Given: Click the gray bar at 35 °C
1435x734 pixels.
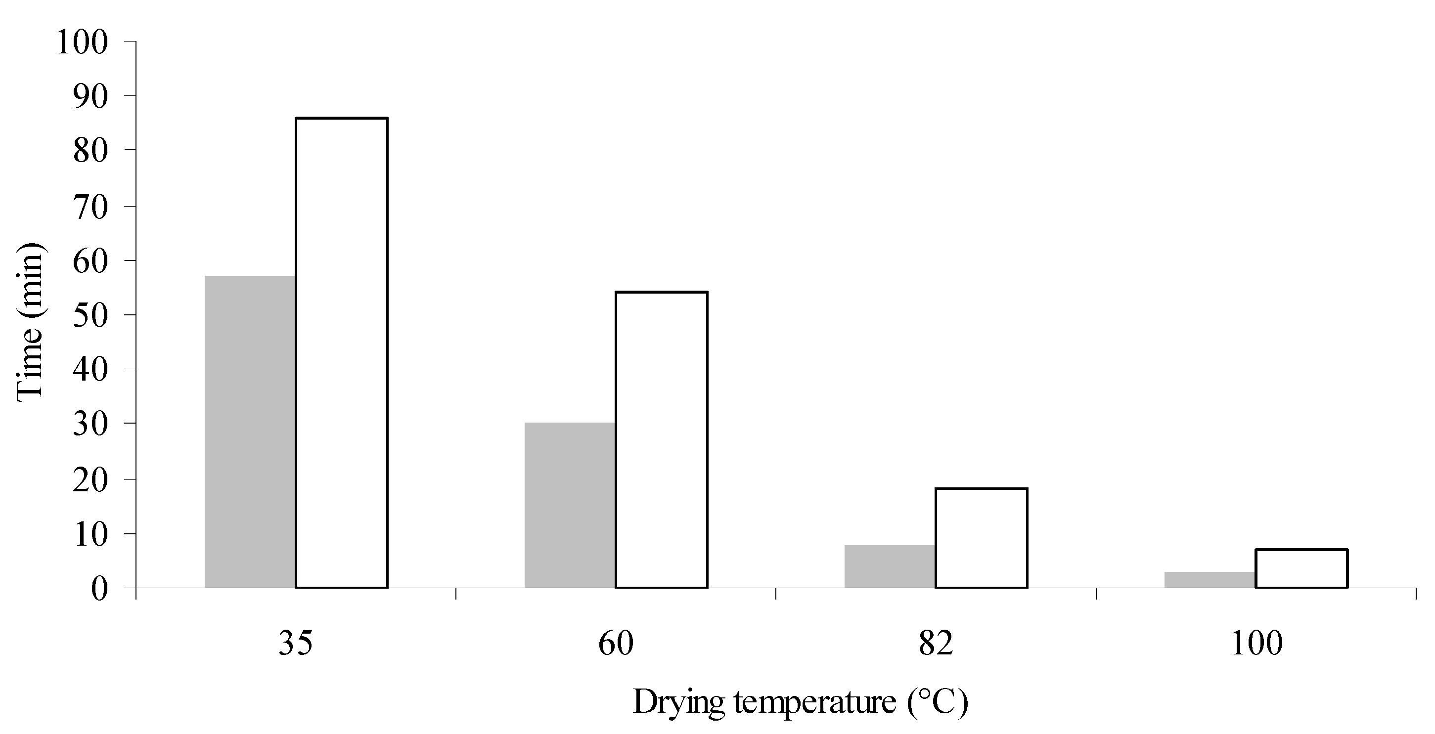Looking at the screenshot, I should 250,432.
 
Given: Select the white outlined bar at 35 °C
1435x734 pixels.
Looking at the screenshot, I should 342,352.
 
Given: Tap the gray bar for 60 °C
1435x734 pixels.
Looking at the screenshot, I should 570,505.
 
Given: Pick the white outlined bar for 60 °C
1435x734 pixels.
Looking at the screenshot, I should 661,440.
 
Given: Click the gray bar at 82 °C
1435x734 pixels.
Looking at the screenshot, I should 890,566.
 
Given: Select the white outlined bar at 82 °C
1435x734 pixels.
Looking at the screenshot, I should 981,538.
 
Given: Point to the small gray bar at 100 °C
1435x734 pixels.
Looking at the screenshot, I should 1210,579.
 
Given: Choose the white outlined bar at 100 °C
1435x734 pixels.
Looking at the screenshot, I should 1301,568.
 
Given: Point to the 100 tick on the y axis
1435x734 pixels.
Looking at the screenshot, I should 82,43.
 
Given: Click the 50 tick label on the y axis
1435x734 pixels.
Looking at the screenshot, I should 90,316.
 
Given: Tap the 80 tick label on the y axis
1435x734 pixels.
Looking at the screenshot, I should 90,151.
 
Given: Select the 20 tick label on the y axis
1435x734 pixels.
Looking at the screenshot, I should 90,480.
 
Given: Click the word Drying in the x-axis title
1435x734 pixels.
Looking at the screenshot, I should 678,703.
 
